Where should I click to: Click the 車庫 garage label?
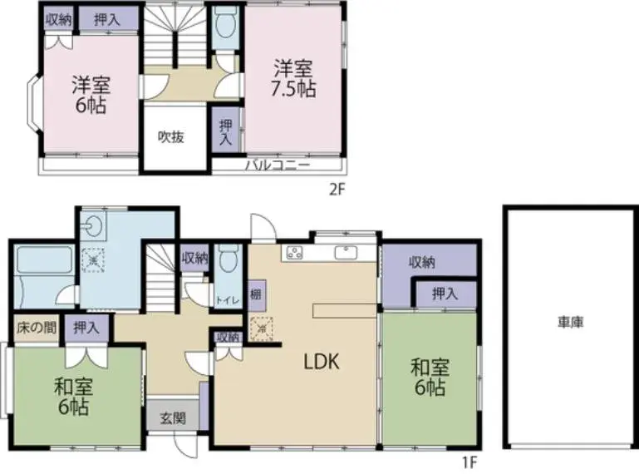tap(570, 323)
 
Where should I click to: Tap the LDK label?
tap(322, 362)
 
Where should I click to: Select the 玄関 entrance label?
tap(173, 417)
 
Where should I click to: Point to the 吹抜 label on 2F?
tap(170, 137)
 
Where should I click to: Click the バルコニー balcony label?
tap(278, 165)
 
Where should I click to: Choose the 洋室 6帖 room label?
tap(91, 94)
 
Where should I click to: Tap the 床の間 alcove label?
tap(37, 328)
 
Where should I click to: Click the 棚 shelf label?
tap(256, 294)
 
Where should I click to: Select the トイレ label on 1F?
tap(227, 301)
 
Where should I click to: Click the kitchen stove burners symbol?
tap(295, 253)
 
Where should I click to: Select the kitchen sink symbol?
tap(346, 253)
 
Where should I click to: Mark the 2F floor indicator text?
tap(337, 190)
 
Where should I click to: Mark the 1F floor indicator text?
tap(469, 462)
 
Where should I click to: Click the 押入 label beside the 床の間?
tap(86, 328)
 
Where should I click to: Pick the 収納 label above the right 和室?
tap(422, 262)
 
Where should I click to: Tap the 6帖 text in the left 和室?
tap(73, 407)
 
